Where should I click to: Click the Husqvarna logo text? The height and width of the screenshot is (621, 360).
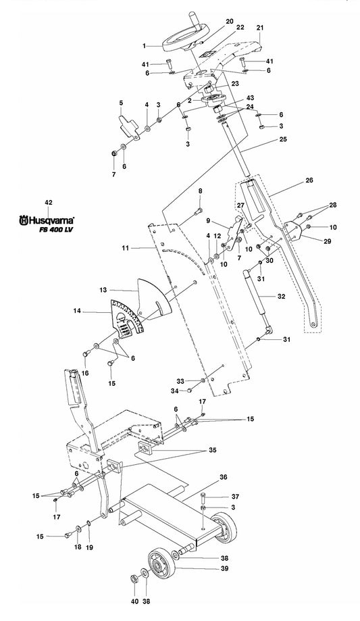[x=47, y=220]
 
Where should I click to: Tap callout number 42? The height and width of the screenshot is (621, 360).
[x=49, y=202]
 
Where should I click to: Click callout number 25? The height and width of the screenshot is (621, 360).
[x=283, y=139]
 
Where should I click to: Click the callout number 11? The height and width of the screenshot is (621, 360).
[x=125, y=248]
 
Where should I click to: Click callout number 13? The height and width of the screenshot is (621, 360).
[x=103, y=291]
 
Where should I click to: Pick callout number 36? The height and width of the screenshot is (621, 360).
[x=224, y=478]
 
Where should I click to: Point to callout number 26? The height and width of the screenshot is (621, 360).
[x=309, y=180]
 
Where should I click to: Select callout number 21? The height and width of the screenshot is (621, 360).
[x=260, y=28]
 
